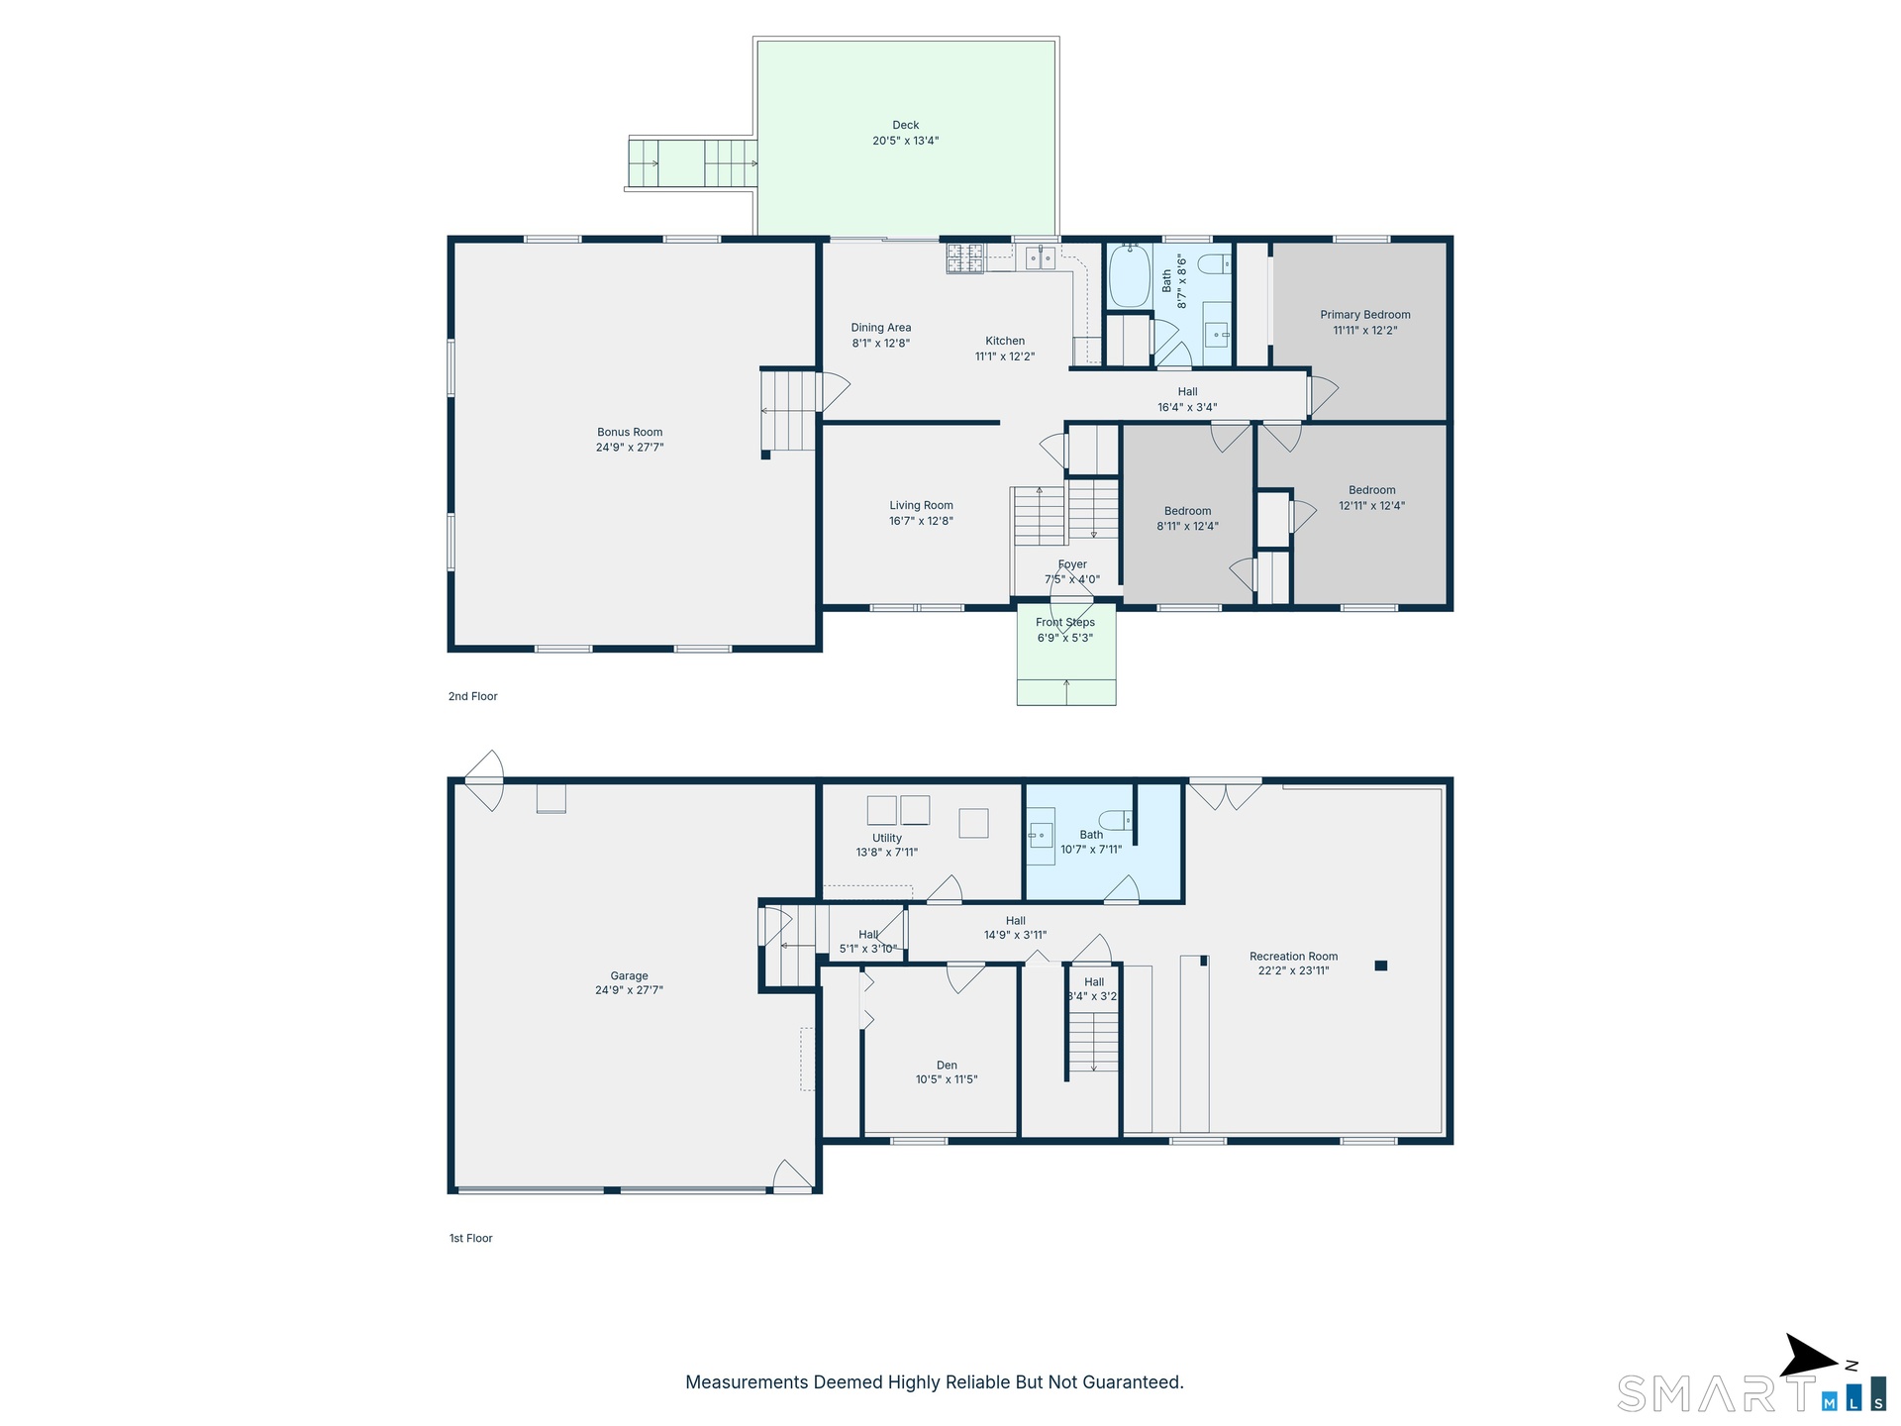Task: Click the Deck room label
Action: [906, 125]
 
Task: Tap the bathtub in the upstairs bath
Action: [1129, 274]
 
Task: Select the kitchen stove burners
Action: [965, 257]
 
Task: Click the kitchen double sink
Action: [1040, 257]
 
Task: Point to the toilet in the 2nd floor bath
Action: [1215, 263]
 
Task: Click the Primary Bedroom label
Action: [1365, 315]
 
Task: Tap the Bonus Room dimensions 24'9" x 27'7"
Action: [630, 448]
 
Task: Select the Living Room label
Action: [922, 505]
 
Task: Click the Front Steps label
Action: [1065, 622]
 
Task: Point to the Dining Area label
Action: [881, 328]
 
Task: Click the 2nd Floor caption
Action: [473, 696]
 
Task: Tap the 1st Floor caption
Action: [471, 1238]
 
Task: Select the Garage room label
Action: [630, 975]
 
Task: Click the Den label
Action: [947, 1066]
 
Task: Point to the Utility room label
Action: [887, 838]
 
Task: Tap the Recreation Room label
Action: [1294, 957]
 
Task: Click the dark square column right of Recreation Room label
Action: [1381, 966]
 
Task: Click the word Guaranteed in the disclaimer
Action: [1133, 1382]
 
